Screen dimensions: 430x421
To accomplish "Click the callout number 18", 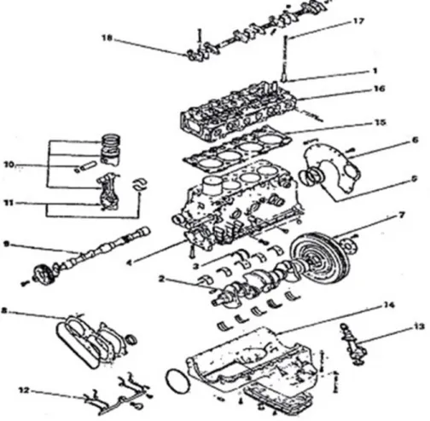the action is click(107, 37).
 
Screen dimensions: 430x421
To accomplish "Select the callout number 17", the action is click(358, 21).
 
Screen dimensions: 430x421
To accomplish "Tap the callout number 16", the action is click(379, 89).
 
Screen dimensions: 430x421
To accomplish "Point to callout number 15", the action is click(381, 123).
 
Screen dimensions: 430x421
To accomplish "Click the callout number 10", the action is click(9, 164).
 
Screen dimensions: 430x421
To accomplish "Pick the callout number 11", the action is click(9, 203).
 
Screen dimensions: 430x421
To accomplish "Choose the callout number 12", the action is click(24, 390).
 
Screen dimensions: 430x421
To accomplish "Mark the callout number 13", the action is click(419, 327).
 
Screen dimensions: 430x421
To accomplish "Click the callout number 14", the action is click(389, 305).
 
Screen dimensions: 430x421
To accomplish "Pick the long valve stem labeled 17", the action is click(285, 59).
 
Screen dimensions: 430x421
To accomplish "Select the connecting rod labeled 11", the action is click(107, 192).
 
